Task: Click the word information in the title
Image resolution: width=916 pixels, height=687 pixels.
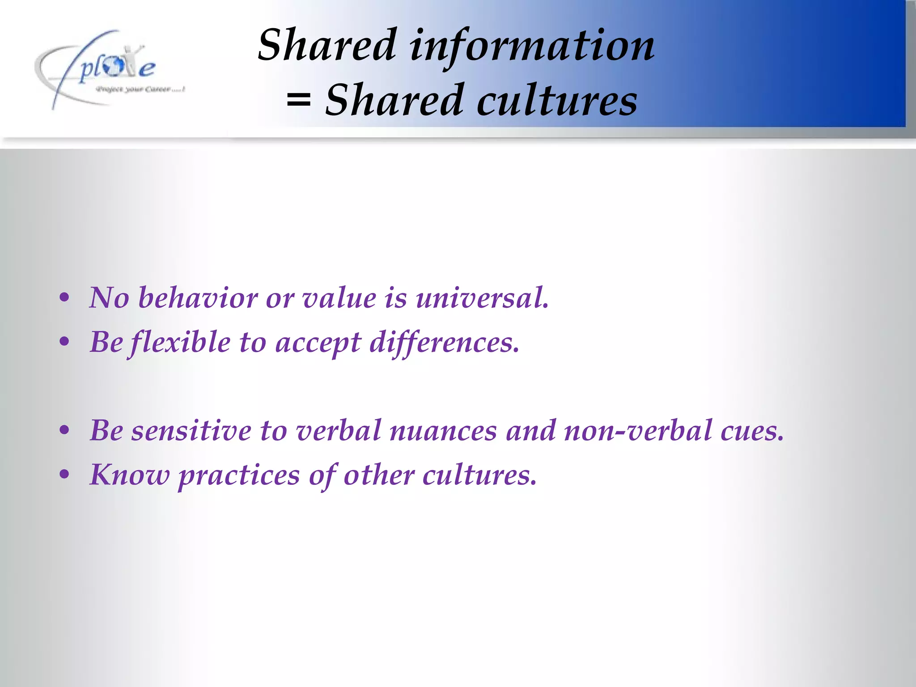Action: [532, 46]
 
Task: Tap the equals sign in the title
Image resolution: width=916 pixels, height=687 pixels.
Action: [298, 101]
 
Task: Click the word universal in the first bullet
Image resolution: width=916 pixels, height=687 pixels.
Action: [482, 298]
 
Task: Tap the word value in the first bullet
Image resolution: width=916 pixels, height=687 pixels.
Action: [339, 298]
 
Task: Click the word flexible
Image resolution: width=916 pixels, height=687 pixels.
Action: [179, 343]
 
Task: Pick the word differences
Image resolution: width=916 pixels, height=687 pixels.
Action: [444, 343]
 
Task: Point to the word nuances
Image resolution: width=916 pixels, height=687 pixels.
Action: [443, 431]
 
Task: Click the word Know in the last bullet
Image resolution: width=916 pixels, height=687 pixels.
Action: [130, 475]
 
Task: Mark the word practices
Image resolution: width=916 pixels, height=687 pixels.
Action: [239, 475]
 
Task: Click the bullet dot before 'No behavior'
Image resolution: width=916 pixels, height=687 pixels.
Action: [64, 298]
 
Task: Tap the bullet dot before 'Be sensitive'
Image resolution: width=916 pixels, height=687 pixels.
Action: [64, 431]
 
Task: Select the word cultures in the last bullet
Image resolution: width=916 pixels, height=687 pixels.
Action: [479, 475]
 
